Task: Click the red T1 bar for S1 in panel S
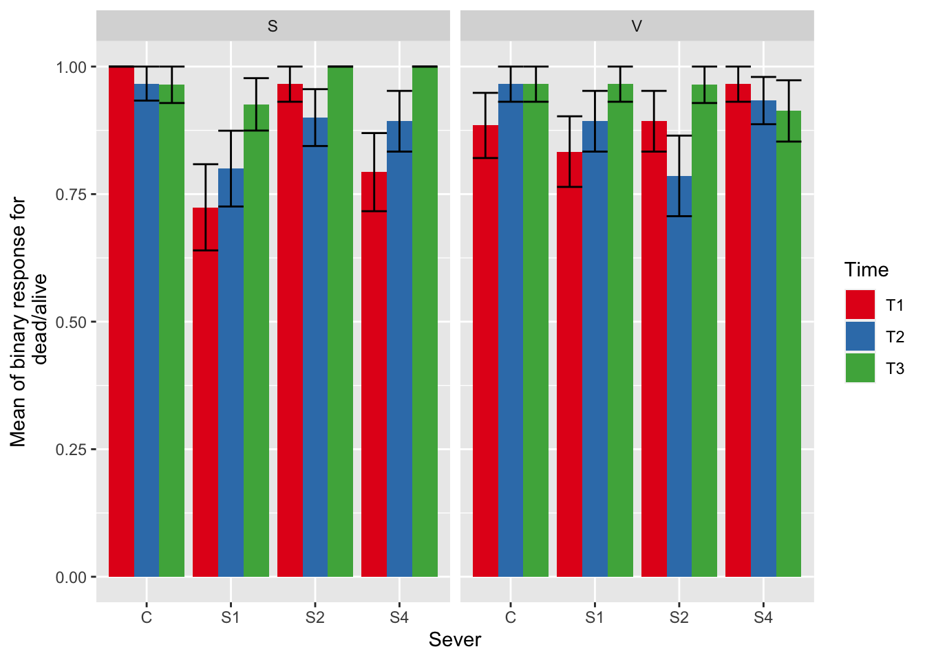tap(205, 392)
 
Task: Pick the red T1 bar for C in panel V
tap(485, 351)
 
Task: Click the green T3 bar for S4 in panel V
tap(789, 344)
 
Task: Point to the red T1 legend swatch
tap(860, 305)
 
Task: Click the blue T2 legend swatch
tap(860, 336)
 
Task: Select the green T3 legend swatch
tap(860, 368)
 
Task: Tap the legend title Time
tap(866, 269)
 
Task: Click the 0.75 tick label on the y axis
tap(72, 195)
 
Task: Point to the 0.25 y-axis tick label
tap(72, 450)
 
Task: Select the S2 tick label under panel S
tap(315, 617)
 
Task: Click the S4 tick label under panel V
tap(763, 617)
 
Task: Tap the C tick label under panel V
tap(510, 617)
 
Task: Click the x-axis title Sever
tap(455, 640)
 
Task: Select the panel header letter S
tap(273, 26)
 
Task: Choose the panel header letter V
tap(637, 26)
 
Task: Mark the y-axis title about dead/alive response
tap(28, 322)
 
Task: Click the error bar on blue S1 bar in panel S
tap(231, 168)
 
